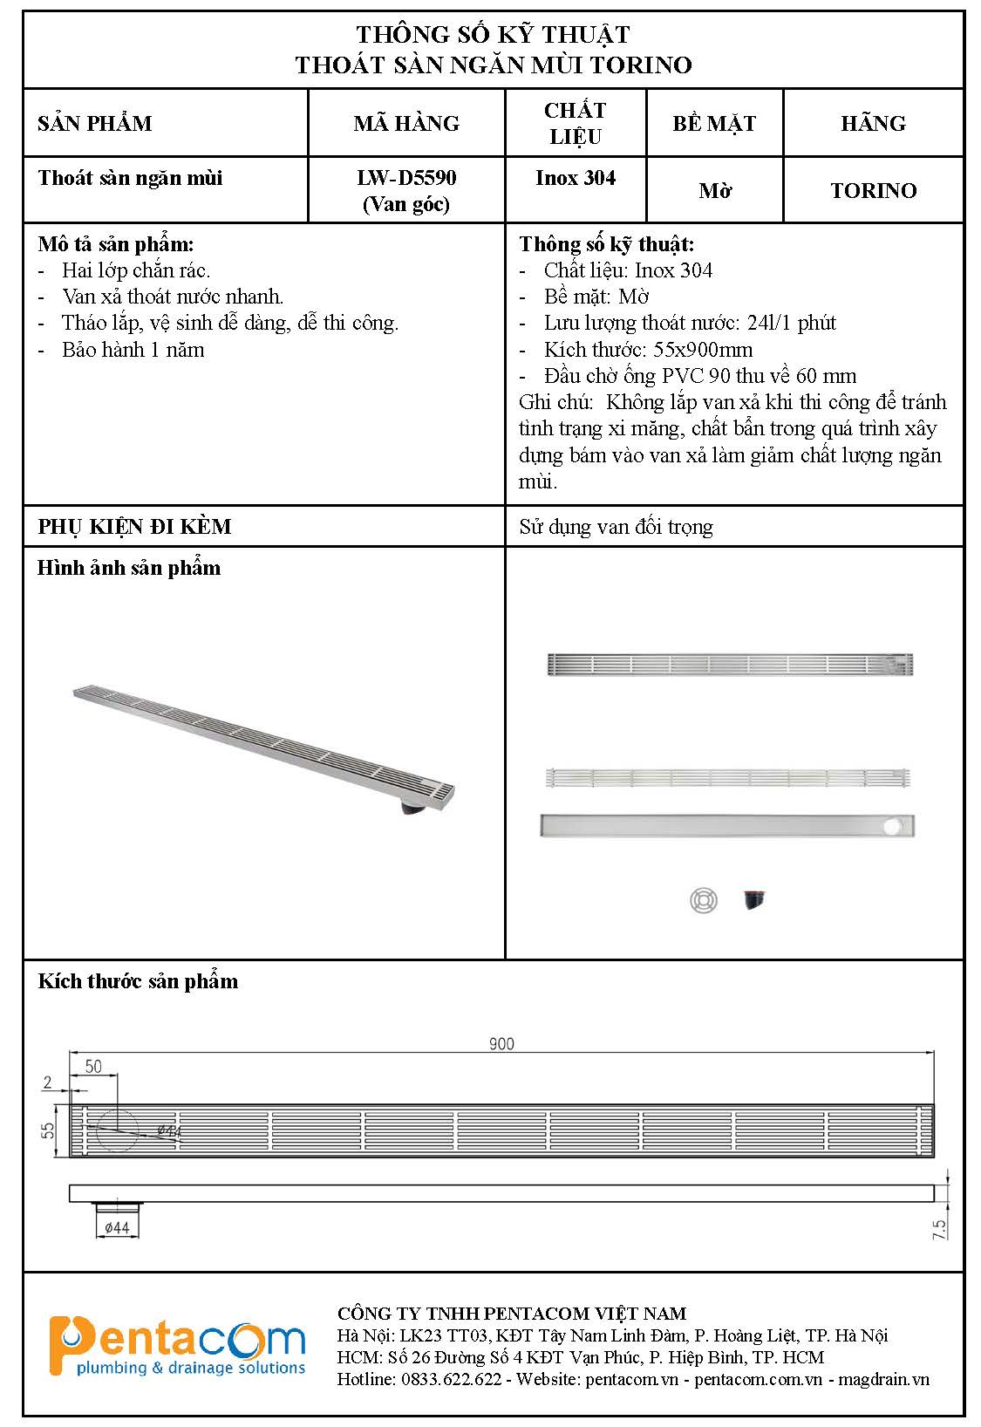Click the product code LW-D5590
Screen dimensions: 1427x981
click(x=406, y=178)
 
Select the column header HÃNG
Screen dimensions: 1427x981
click(x=873, y=123)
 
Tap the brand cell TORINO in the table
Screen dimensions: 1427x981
click(x=873, y=190)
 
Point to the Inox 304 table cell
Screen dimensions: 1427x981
click(x=575, y=178)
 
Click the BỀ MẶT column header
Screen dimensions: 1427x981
click(x=713, y=123)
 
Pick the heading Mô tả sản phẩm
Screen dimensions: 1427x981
click(x=116, y=244)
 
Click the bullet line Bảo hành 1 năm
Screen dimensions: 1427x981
click(x=133, y=350)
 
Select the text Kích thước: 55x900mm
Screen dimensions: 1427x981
click(x=648, y=350)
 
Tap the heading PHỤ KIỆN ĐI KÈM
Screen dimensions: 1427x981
click(x=134, y=527)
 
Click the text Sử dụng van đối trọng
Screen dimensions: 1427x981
click(x=616, y=527)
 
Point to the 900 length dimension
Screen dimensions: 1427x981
click(x=501, y=1043)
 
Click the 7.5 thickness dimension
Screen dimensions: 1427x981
click(x=939, y=1229)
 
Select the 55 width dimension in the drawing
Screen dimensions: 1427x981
click(x=48, y=1130)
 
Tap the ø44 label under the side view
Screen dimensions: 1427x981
click(x=117, y=1227)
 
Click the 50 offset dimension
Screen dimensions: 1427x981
click(x=93, y=1066)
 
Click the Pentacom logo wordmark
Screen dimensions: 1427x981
click(x=177, y=1344)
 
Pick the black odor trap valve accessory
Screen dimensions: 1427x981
click(x=754, y=898)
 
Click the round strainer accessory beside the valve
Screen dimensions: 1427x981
click(x=704, y=899)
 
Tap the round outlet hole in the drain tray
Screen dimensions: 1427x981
click(x=892, y=825)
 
